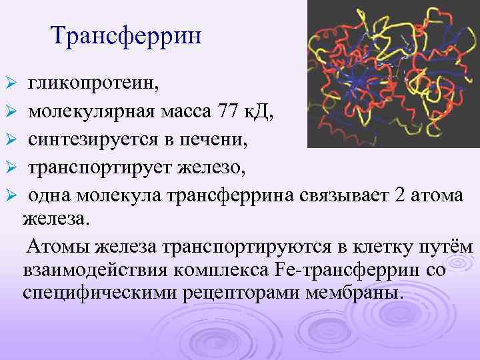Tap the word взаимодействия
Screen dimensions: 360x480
pos(83,270)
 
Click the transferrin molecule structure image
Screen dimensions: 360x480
pos(389,73)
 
